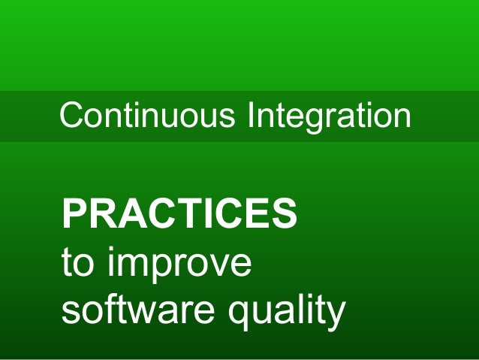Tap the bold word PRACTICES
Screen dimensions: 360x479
(x=179, y=214)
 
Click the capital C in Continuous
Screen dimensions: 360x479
(x=71, y=116)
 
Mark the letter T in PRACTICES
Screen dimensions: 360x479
(x=191, y=214)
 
